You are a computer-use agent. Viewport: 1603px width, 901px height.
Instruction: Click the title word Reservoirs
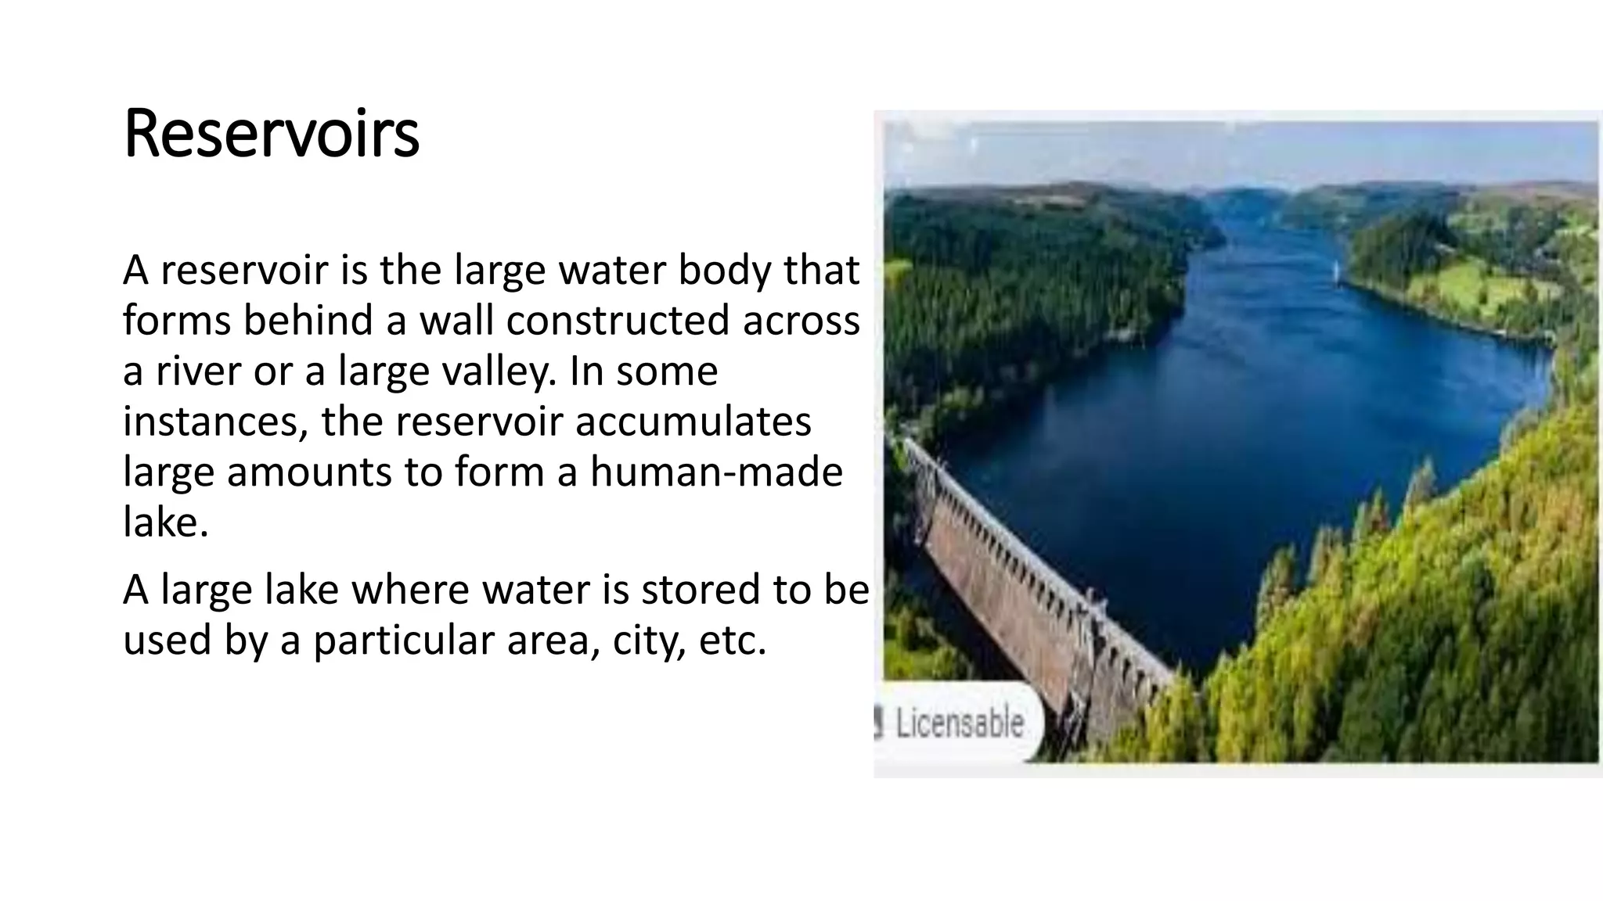(x=271, y=135)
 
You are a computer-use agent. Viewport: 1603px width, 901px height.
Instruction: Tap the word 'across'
(x=801, y=321)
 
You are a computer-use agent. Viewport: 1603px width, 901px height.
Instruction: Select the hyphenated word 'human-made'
(x=716, y=472)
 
